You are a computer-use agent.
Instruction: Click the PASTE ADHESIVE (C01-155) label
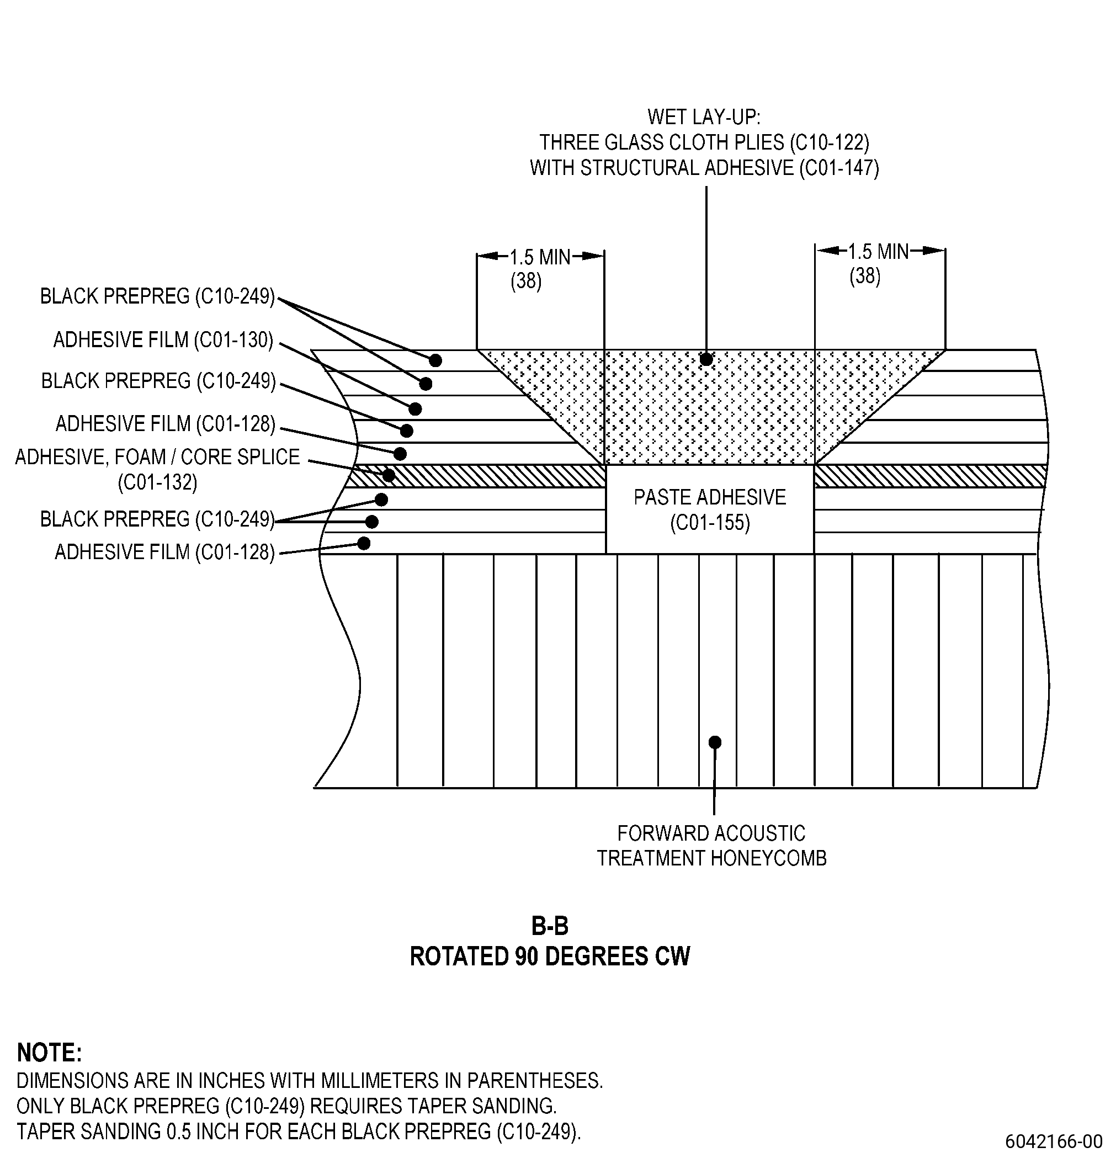point(710,510)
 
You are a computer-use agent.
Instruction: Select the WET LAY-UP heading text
point(704,117)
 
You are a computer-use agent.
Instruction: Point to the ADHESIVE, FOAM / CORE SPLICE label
point(158,456)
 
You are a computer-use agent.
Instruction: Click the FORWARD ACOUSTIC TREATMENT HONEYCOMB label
point(711,846)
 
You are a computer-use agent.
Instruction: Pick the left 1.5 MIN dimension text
point(540,257)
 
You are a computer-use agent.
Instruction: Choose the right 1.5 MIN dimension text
point(879,252)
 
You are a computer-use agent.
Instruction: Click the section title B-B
point(549,926)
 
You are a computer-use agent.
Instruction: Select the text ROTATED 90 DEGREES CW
point(549,957)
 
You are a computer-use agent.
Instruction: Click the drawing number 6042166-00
point(1054,1140)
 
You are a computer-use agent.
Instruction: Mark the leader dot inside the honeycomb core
point(715,742)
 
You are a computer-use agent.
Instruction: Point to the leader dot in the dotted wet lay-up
point(706,359)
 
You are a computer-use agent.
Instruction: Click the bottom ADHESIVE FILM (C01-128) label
point(165,552)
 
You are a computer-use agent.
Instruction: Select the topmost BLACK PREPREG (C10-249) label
point(158,296)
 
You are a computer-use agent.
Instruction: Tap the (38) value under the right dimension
point(865,277)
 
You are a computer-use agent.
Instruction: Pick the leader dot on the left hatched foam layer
point(389,475)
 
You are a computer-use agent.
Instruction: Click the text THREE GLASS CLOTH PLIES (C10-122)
point(704,142)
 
